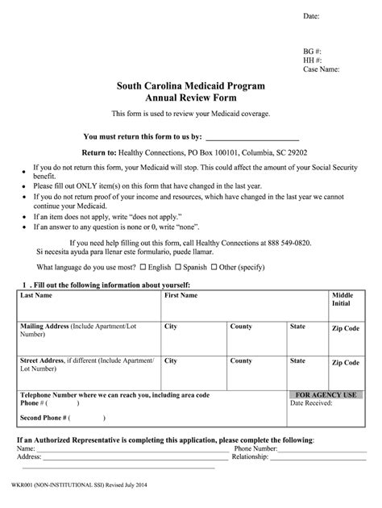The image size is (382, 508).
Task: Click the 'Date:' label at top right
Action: (311, 16)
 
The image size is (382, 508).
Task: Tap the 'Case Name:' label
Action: (321, 69)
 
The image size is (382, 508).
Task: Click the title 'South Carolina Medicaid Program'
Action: (190, 85)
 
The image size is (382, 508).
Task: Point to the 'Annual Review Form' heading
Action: (190, 98)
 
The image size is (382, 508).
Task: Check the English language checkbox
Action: (143, 266)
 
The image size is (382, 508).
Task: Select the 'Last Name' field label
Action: (37, 296)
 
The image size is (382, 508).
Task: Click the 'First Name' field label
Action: (181, 296)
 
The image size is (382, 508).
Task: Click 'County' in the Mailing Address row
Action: (241, 327)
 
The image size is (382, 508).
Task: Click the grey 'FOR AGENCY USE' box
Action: (326, 395)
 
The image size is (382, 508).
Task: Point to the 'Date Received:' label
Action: (312, 403)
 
